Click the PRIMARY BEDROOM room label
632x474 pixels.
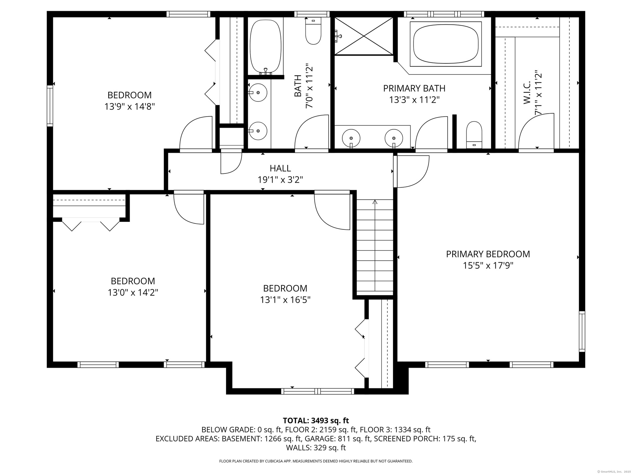[x=488, y=254]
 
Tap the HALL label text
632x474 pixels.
[x=280, y=169]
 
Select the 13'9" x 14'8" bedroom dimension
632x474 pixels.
[x=130, y=107]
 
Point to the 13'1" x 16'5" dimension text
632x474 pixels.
[x=285, y=300]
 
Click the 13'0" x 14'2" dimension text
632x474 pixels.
[x=133, y=293]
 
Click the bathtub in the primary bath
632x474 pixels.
[x=446, y=44]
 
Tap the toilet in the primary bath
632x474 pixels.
[x=474, y=135]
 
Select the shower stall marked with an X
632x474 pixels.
[x=364, y=36]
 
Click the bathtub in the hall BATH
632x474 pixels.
[x=266, y=46]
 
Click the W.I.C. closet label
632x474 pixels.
[x=527, y=93]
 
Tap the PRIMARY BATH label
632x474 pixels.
[x=414, y=89]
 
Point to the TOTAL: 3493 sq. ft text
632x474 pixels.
[x=316, y=421]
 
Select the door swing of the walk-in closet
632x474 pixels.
[x=536, y=132]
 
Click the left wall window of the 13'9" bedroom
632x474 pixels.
[x=50, y=106]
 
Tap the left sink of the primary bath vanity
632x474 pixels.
[x=351, y=137]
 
